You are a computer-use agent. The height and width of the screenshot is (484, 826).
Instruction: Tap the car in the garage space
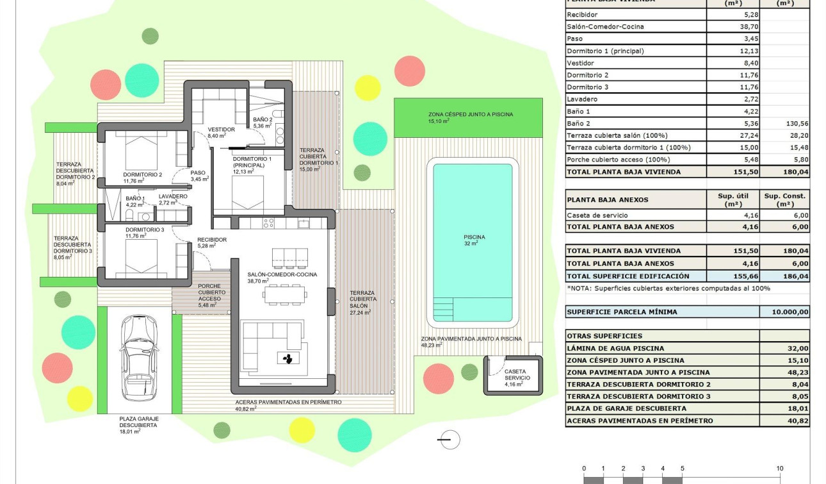pyautogui.click(x=140, y=358)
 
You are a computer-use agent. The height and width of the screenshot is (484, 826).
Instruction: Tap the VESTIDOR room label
pyautogui.click(x=221, y=129)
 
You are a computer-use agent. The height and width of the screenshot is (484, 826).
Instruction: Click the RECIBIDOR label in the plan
pyautogui.click(x=212, y=240)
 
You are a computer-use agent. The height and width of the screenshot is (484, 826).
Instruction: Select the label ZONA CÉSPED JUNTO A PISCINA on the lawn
pyautogui.click(x=471, y=115)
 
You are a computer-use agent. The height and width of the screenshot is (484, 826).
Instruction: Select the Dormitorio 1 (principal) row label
pyautogui.click(x=605, y=51)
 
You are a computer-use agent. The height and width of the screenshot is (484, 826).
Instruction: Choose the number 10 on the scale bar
pyautogui.click(x=780, y=469)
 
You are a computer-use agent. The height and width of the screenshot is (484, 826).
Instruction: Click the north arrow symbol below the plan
pyautogui.click(x=448, y=439)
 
